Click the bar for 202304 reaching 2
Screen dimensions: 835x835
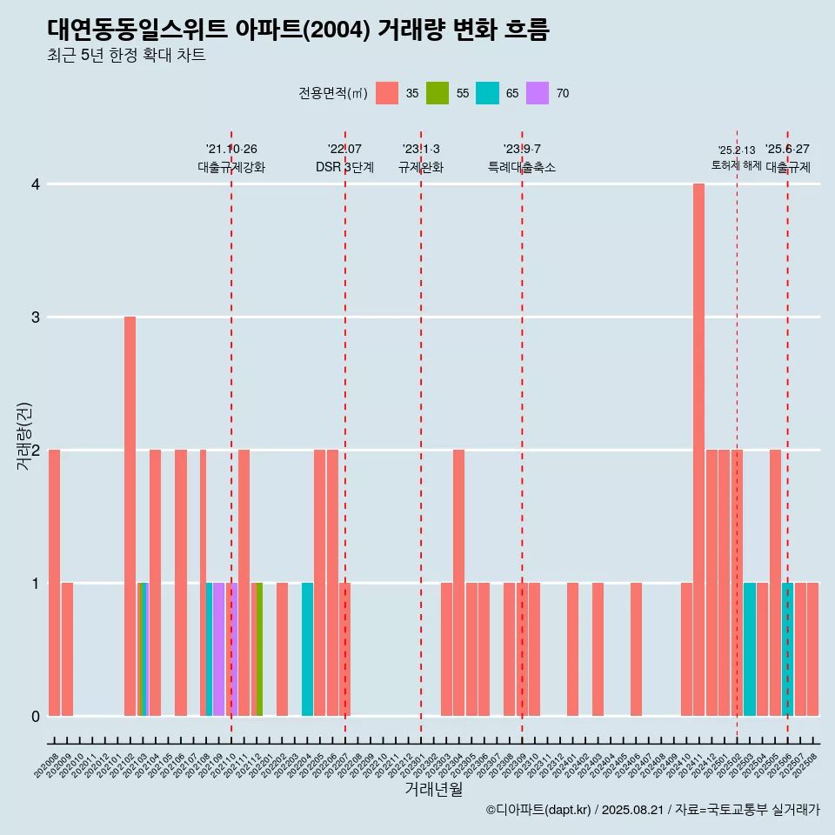[x=458, y=583]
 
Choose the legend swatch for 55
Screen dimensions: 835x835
[x=437, y=93]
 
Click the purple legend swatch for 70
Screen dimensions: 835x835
[x=538, y=93]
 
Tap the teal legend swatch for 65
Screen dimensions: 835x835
[x=487, y=93]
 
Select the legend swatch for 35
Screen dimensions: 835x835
[x=387, y=93]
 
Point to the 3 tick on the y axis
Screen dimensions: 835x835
[x=36, y=317]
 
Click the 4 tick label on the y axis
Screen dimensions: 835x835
[x=36, y=184]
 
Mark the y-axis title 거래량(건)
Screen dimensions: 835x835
[x=24, y=435]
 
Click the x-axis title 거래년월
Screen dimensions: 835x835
[x=433, y=789]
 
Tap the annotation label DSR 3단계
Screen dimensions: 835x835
[x=344, y=167]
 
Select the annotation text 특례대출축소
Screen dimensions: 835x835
[x=522, y=167]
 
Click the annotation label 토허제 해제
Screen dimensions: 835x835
[x=736, y=164]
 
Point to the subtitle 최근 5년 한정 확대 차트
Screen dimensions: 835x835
[x=126, y=56]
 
